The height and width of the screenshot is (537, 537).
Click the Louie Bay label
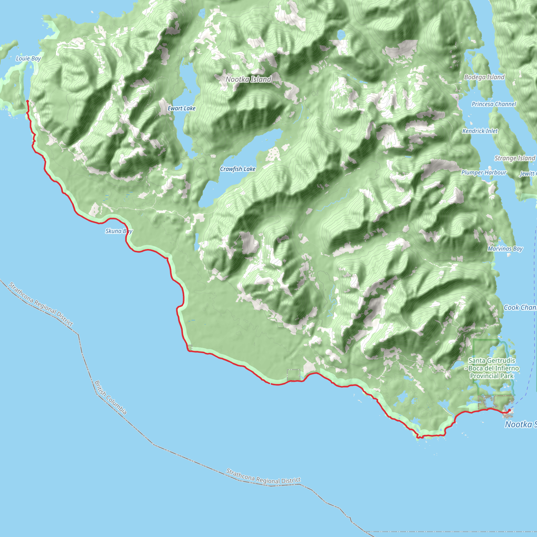pyautogui.click(x=28, y=58)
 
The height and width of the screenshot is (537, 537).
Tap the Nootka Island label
pyautogui.click(x=248, y=79)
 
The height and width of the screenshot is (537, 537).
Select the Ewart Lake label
pyautogui.click(x=181, y=108)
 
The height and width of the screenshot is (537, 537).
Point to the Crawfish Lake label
pyautogui.click(x=238, y=169)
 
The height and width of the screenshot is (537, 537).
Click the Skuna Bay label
pyautogui.click(x=119, y=231)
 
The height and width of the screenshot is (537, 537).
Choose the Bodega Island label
pyautogui.click(x=484, y=77)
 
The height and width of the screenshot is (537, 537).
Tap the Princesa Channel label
pyautogui.click(x=494, y=104)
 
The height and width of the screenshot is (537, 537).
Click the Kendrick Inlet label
pyautogui.click(x=480, y=131)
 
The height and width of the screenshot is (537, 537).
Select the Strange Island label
pyautogui.click(x=514, y=158)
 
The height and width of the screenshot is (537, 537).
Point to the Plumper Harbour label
pyautogui.click(x=484, y=173)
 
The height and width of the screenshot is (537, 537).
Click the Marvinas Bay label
pyautogui.click(x=505, y=249)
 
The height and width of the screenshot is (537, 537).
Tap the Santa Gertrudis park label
pyautogui.click(x=492, y=368)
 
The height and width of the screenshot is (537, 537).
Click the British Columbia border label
pyautogui.click(x=111, y=398)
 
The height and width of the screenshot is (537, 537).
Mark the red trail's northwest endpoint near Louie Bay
pyautogui.click(x=28, y=101)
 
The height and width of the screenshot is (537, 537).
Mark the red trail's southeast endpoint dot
pyautogui.click(x=509, y=410)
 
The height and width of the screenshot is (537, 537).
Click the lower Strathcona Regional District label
pyautogui.click(x=263, y=476)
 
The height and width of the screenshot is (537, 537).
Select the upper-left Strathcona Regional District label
pyautogui.click(x=41, y=304)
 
